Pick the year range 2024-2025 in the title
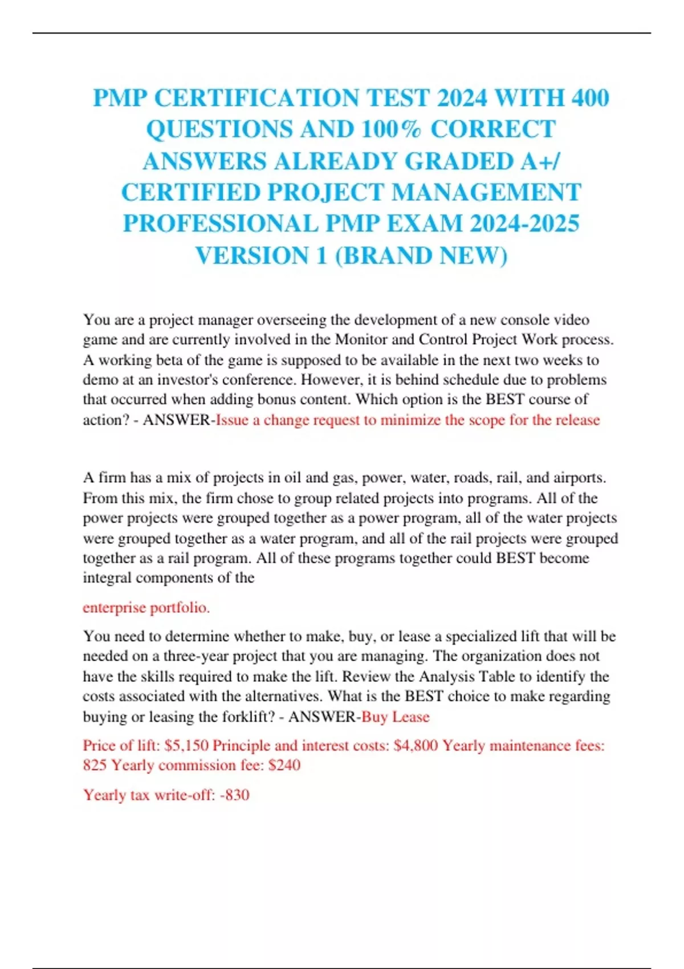click(524, 223)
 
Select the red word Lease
click(411, 716)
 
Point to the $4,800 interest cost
click(416, 746)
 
